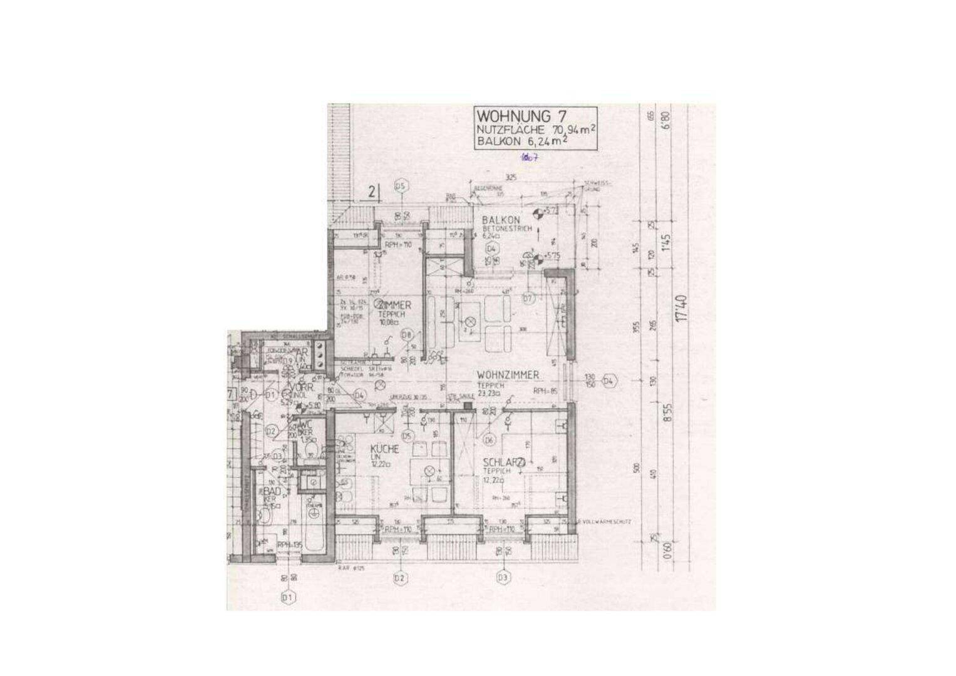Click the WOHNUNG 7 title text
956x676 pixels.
pyautogui.click(x=514, y=116)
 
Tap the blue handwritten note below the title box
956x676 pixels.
pyautogui.click(x=530, y=158)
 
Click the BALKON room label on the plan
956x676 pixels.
pyautogui.click(x=501, y=220)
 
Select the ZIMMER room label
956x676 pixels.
pyautogui.click(x=394, y=305)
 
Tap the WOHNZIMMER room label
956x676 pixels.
pyautogui.click(x=508, y=375)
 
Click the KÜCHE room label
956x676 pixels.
pyautogui.click(x=384, y=449)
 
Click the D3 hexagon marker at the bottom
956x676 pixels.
pyautogui.click(x=503, y=578)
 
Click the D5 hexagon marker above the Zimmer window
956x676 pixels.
pyautogui.click(x=401, y=186)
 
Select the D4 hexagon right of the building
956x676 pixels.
pyautogui.click(x=609, y=381)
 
